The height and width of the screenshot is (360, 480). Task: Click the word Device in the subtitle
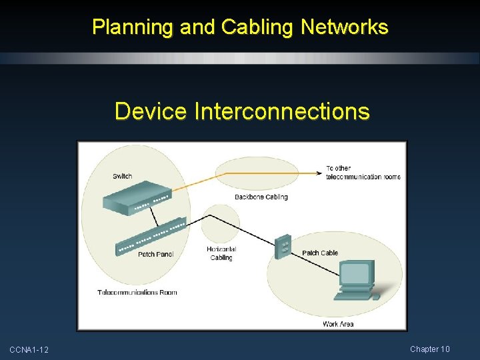click(151, 111)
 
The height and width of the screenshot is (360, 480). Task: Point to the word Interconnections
click(282, 111)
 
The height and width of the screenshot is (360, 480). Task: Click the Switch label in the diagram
click(122, 176)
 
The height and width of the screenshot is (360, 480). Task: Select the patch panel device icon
click(151, 237)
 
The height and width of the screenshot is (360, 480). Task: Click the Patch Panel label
click(155, 254)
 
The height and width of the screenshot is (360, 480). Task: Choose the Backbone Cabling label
click(261, 197)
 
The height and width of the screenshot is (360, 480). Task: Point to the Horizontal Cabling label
click(221, 253)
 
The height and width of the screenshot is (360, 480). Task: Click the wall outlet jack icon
click(284, 246)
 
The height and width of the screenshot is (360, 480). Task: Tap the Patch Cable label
click(320, 253)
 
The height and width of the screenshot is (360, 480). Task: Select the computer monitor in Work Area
click(356, 274)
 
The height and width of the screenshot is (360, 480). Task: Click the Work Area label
click(338, 324)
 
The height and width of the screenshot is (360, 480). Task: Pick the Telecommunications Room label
click(137, 292)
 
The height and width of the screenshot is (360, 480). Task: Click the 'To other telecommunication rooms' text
click(363, 172)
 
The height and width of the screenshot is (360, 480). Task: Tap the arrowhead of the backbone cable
click(319, 173)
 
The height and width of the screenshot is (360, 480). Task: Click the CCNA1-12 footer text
click(29, 350)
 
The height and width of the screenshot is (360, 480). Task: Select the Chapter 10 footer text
click(430, 349)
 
